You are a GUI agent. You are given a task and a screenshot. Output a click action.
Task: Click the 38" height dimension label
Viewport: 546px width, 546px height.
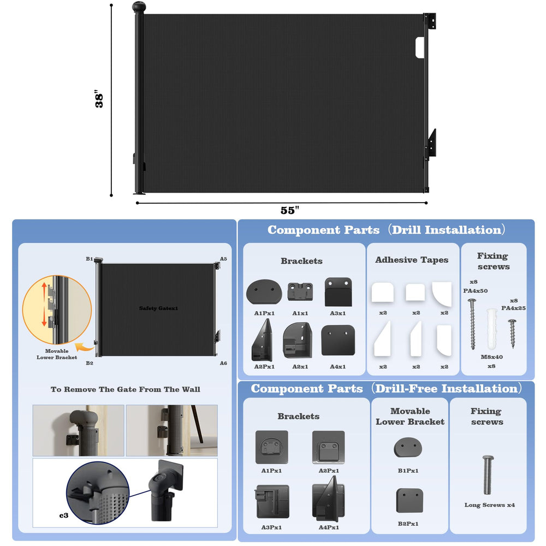pyautogui.click(x=99, y=99)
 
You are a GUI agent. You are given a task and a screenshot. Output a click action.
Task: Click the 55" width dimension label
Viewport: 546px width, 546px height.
pyautogui.click(x=290, y=210)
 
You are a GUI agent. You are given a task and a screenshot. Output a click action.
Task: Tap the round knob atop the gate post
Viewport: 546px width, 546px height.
pyautogui.click(x=139, y=7)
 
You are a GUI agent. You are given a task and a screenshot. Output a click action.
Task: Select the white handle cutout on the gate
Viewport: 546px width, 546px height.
pyautogui.click(x=420, y=48)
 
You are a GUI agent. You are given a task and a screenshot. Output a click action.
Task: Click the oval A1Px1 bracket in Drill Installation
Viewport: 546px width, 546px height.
pyautogui.click(x=264, y=292)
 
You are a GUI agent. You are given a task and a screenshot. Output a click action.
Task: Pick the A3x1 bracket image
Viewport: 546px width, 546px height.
pyautogui.click(x=338, y=292)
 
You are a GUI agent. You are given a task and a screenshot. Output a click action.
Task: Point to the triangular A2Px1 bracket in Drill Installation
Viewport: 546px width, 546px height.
pyautogui.click(x=262, y=340)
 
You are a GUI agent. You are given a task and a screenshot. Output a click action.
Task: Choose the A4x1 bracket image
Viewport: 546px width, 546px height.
pyautogui.click(x=338, y=340)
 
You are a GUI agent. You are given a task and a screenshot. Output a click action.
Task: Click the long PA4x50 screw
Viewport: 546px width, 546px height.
pyautogui.click(x=472, y=324)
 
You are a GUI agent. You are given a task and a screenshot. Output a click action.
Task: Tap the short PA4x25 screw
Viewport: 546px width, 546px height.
pyautogui.click(x=512, y=334)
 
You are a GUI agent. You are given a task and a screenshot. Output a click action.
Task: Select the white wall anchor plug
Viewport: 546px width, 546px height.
pyautogui.click(x=492, y=329)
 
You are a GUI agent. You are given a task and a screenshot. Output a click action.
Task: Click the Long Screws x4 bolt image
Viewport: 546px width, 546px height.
pyautogui.click(x=488, y=474)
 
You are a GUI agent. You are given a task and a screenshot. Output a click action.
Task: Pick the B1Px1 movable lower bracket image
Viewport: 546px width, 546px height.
pyautogui.click(x=408, y=448)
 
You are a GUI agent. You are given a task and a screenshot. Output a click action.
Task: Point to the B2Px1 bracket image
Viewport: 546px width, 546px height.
pyautogui.click(x=410, y=500)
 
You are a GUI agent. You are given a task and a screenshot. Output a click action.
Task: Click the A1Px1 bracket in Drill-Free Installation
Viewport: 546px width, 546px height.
pyautogui.click(x=271, y=447)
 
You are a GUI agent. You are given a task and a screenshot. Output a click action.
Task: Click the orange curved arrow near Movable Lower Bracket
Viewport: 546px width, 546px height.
pyautogui.click(x=85, y=347)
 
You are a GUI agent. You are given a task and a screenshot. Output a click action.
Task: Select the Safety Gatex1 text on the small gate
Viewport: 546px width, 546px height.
pyautogui.click(x=158, y=308)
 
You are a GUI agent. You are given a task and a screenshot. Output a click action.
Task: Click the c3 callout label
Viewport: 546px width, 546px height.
pyautogui.click(x=64, y=515)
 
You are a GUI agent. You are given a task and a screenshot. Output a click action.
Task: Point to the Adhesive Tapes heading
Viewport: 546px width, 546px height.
pyautogui.click(x=412, y=260)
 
